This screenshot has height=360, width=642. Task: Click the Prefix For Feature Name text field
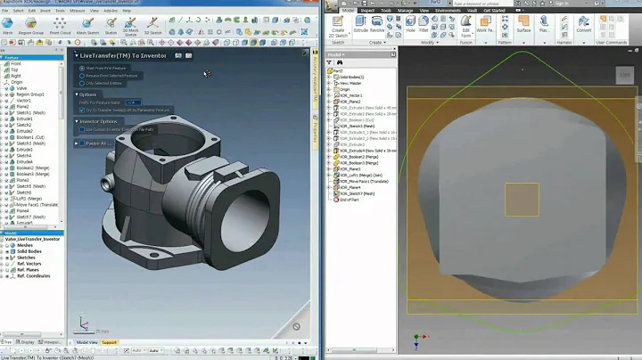[132, 102]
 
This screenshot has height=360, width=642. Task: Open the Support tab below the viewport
[109, 341]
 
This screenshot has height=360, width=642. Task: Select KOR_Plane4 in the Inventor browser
[350, 188]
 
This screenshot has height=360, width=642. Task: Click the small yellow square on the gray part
[521, 200]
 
